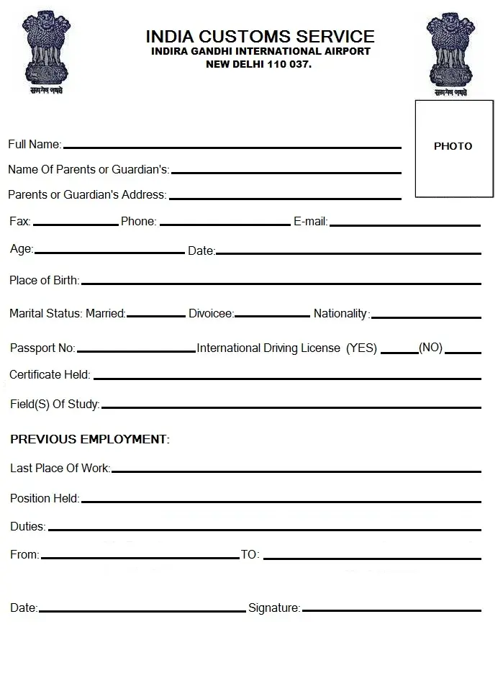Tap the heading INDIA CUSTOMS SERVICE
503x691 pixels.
(x=260, y=36)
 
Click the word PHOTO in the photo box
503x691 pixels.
(x=453, y=146)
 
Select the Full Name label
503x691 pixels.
(x=34, y=145)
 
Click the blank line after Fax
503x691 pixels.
(x=76, y=225)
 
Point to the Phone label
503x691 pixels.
(x=138, y=222)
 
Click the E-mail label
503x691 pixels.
(x=310, y=222)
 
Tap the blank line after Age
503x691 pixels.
(x=109, y=253)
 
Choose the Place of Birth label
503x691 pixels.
(x=44, y=281)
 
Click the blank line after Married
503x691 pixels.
(x=156, y=315)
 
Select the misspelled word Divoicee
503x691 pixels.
(x=211, y=314)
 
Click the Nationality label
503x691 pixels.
(x=340, y=314)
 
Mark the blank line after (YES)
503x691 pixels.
(x=399, y=352)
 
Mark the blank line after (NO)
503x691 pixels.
(x=463, y=352)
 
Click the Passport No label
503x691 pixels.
(x=42, y=348)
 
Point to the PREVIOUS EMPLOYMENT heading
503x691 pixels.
(x=89, y=439)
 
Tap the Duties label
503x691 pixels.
(x=27, y=527)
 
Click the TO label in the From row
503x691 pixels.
(x=250, y=555)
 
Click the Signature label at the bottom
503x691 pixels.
(x=274, y=608)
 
